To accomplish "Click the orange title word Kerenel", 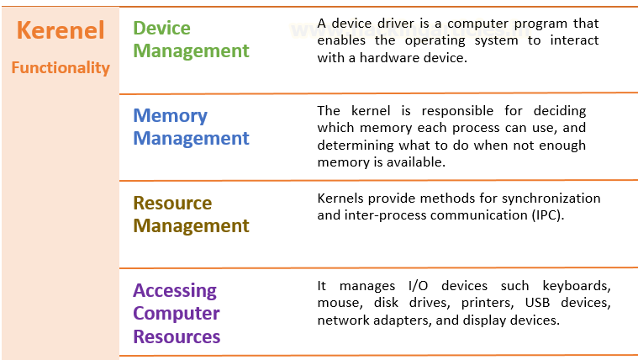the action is click(61, 30).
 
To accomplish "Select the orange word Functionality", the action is click(61, 68).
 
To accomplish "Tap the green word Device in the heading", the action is click(161, 29).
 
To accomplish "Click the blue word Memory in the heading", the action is click(170, 116).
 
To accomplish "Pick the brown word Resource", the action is click(172, 204).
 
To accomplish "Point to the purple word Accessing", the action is click(175, 291).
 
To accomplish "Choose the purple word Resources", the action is click(177, 336).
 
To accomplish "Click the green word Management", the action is click(192, 51).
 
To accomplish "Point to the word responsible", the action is click(457, 111).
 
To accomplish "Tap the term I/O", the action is click(419, 286).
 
